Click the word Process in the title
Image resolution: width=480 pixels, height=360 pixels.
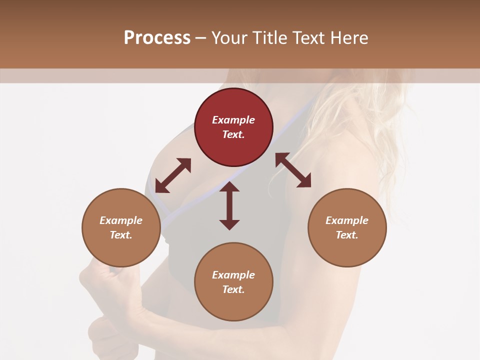coord(157,38)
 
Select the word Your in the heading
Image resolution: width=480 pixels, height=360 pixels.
coord(229,38)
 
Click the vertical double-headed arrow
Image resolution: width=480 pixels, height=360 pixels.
coord(229,205)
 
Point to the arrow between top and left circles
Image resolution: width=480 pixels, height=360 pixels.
coord(173,175)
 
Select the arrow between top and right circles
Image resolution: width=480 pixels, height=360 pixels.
coord(293,170)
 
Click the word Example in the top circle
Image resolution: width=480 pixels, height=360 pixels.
coord(233,120)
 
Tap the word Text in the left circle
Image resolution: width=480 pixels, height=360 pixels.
coord(121,235)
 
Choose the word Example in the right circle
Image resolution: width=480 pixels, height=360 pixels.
coord(347,220)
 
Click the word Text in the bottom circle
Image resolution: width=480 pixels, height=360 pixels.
coord(233,289)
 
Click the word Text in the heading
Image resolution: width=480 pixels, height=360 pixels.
coord(309,38)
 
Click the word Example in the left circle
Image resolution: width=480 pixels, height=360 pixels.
coord(121,220)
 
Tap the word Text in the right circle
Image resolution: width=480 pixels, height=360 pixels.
coord(347,235)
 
